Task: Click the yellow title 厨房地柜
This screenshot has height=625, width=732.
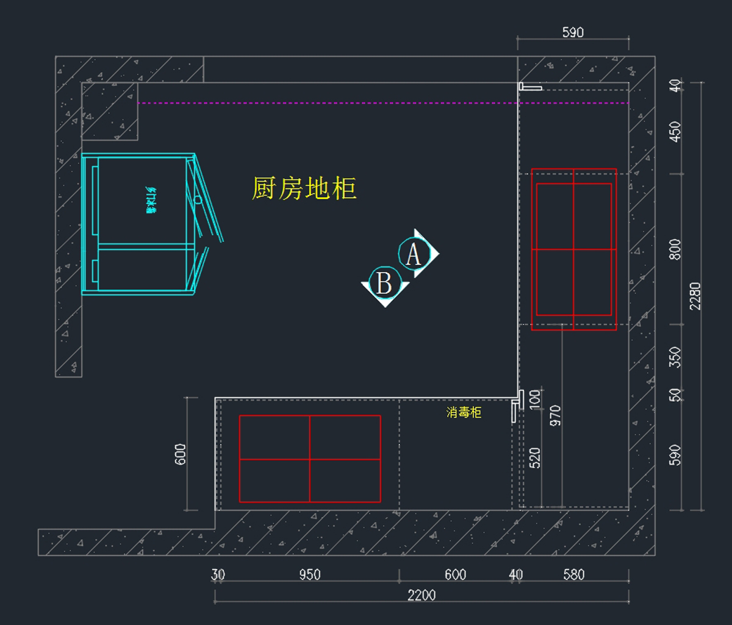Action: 304,188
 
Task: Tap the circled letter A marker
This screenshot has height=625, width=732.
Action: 413,254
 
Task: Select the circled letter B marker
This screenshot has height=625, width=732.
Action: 384,283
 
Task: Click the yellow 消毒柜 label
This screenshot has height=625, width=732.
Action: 464,413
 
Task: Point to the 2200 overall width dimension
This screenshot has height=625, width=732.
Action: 422,595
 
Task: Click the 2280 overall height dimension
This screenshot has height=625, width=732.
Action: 695,296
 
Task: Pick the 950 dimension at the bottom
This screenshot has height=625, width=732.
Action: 310,574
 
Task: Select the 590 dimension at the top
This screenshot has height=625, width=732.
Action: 573,32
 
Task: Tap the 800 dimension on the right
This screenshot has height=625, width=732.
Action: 675,249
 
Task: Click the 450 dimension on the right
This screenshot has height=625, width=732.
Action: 675,131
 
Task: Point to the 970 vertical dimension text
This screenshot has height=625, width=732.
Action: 555,415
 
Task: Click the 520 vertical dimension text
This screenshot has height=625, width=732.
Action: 535,458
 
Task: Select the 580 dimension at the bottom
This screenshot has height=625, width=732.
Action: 574,574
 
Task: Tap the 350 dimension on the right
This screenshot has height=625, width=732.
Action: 675,357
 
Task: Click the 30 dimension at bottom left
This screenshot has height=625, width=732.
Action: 218,574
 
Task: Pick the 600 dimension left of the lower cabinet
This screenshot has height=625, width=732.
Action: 181,454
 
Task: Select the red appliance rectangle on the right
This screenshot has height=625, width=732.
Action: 574,249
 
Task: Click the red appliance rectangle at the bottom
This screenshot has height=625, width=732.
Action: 310,459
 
